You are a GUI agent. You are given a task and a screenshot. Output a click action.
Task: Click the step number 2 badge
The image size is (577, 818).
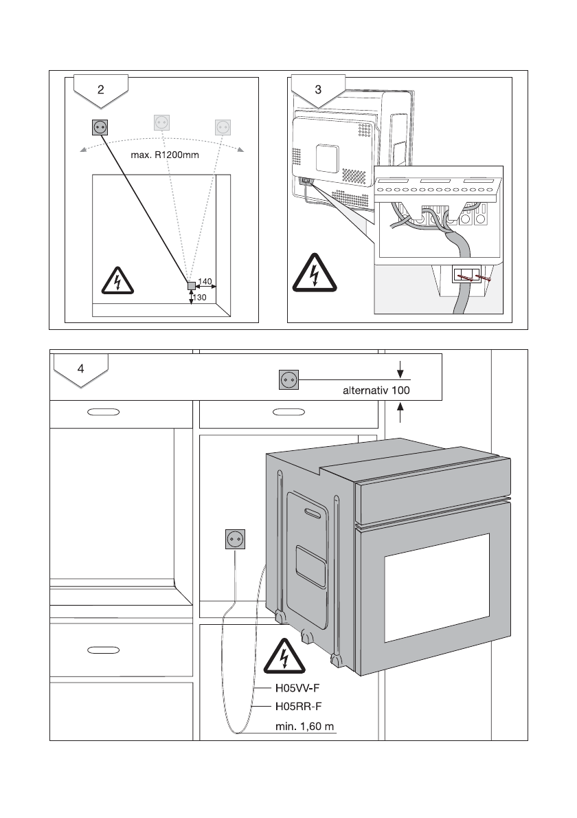pyautogui.click(x=100, y=91)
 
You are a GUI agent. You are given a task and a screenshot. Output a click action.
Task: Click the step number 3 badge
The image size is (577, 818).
pyautogui.click(x=318, y=91)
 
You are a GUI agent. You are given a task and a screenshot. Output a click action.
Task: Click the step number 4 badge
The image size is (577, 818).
pyautogui.click(x=81, y=370)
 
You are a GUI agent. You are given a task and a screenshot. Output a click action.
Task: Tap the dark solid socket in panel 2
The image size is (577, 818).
pyautogui.click(x=100, y=127)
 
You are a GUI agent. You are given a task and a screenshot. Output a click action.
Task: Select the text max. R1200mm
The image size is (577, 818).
pyautogui.click(x=165, y=155)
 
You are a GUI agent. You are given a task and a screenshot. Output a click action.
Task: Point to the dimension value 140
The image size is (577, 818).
pyautogui.click(x=205, y=282)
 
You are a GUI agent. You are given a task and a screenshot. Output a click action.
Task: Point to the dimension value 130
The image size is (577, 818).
pyautogui.click(x=200, y=298)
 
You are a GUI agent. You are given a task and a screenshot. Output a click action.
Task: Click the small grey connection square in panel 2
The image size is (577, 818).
pyautogui.click(x=191, y=286)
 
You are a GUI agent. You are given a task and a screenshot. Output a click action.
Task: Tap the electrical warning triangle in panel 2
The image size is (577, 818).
pyautogui.click(x=117, y=280)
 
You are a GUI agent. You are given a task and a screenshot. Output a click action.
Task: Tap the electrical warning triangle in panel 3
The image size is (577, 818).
pyautogui.click(x=315, y=274)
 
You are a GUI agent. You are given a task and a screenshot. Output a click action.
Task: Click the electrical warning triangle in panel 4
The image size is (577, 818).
pyautogui.click(x=284, y=656)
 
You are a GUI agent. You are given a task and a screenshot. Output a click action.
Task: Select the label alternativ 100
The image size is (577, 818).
pyautogui.click(x=376, y=390)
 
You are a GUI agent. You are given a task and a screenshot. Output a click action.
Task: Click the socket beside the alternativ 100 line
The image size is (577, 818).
pyautogui.click(x=288, y=379)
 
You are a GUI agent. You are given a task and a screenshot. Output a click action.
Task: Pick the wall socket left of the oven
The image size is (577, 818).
pyautogui.click(x=235, y=539)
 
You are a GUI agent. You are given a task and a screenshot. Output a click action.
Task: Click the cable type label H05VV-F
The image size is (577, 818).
pyautogui.click(x=297, y=688)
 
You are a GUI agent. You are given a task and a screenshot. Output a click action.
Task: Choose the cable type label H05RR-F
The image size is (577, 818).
pyautogui.click(x=298, y=707)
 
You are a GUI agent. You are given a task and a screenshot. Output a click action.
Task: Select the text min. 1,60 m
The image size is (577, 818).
pyautogui.click(x=305, y=726)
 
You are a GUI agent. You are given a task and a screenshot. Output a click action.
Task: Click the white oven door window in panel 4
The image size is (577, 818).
pyautogui.click(x=438, y=588)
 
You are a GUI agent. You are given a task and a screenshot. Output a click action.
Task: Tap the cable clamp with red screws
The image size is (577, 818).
pyautogui.click(x=466, y=275)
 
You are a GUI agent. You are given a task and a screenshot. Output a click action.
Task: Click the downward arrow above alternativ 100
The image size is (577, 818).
pyautogui.click(x=400, y=369)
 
